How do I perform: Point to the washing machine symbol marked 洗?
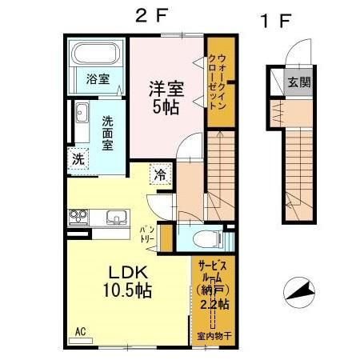(x=78, y=158)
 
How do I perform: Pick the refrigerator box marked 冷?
(x=161, y=174)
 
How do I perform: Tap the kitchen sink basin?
(x=114, y=217)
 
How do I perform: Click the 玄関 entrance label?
(x=300, y=82)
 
